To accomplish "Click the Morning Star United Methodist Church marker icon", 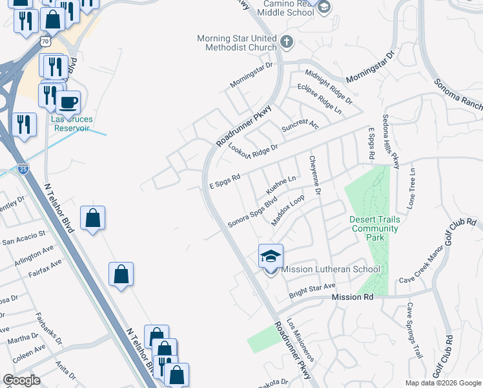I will point(287,43).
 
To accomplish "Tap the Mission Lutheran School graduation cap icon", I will point(271,256).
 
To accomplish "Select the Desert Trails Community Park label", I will point(375,228).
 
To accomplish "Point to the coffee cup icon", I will point(68,102).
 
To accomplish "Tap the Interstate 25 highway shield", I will point(23,169).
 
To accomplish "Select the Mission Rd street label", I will point(353,297).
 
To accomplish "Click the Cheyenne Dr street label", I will point(316,175).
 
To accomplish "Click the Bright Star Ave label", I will point(313,286).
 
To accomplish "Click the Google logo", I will point(21,380).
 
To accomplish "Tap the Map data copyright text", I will point(442,383).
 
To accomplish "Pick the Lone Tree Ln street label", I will point(412,188).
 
